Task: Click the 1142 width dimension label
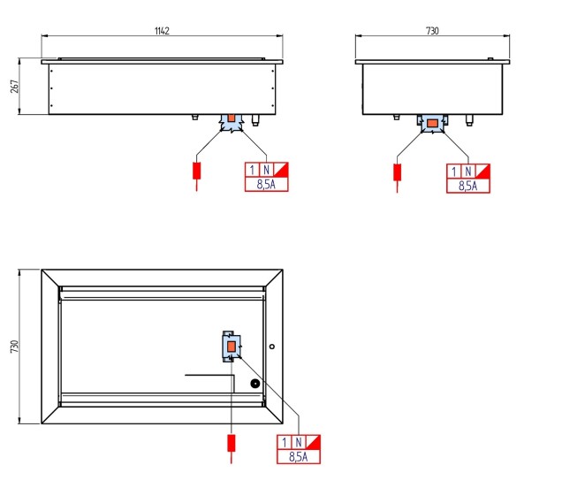[162, 31]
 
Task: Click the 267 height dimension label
[15, 87]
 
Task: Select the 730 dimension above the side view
[432, 31]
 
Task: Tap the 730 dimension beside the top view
[15, 347]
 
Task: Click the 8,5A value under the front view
[266, 184]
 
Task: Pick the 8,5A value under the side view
[468, 186]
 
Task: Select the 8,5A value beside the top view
[298, 457]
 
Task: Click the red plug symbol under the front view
[196, 171]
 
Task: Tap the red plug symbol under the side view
[397, 172]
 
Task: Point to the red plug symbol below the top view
[232, 444]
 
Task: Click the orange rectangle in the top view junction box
[232, 347]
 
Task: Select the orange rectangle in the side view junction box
[433, 124]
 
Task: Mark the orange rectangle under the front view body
[232, 118]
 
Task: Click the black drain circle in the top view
[254, 384]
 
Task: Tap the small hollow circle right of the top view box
[272, 347]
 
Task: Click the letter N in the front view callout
[266, 170]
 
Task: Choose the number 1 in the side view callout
[454, 171]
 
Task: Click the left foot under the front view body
[195, 117]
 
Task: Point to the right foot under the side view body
[469, 120]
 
